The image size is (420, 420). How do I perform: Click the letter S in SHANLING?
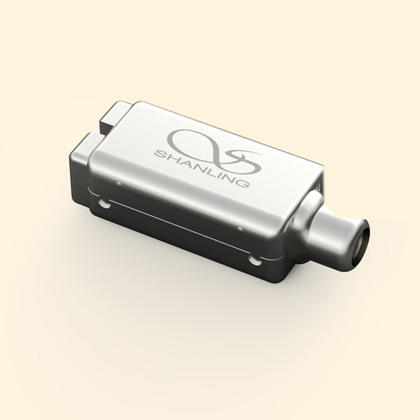click(160, 154)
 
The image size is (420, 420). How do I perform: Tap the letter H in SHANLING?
click(171, 158)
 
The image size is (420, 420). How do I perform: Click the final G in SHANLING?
click(243, 182)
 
